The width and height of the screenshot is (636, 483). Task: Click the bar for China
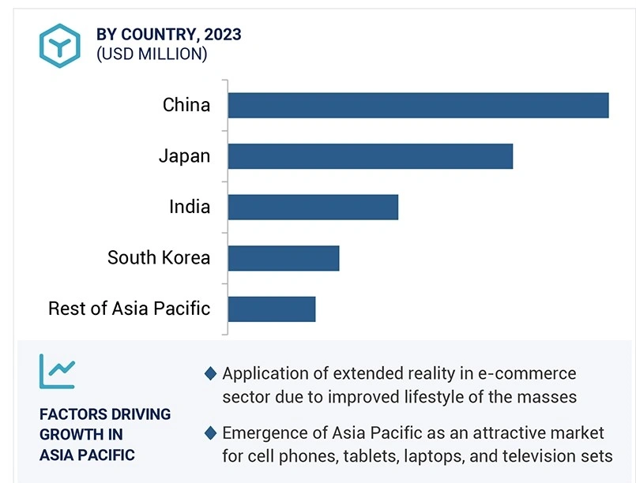[x=418, y=105]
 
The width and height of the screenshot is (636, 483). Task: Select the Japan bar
[x=370, y=156]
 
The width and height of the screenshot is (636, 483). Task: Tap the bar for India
[x=313, y=207]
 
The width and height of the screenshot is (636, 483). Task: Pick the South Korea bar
[x=283, y=258]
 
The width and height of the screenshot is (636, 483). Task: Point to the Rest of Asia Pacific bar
[x=271, y=309]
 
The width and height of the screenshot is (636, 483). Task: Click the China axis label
[x=186, y=105]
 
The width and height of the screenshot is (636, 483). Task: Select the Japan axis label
[x=184, y=156]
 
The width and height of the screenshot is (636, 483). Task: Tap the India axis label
[x=190, y=207]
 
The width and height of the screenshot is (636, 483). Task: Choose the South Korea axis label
[x=159, y=258]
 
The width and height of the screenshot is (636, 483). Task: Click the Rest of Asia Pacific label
[x=130, y=309]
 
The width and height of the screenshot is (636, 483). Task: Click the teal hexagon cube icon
[x=60, y=45]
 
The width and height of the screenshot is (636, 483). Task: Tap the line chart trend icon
[x=57, y=371]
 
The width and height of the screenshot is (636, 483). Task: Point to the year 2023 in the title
[x=222, y=34]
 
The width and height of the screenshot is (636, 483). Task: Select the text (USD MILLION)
[x=152, y=54]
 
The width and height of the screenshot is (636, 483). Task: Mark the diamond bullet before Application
[x=210, y=373]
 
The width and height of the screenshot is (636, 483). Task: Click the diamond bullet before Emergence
[x=210, y=433]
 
